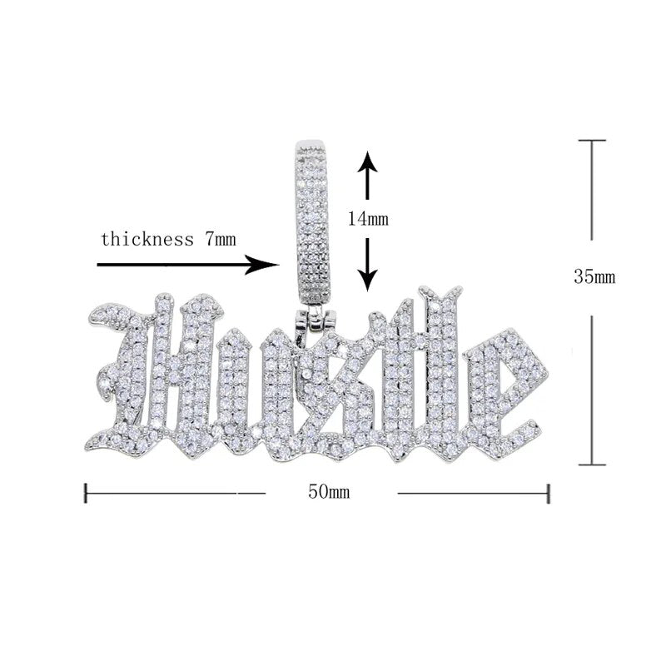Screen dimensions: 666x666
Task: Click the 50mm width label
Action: click(x=329, y=492)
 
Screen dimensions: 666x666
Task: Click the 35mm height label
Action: click(x=594, y=277)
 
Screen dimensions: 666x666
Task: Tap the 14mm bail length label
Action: click(x=368, y=219)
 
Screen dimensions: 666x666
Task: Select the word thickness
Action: click(x=147, y=239)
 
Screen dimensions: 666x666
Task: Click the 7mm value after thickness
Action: click(x=221, y=239)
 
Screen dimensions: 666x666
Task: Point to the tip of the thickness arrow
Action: click(x=279, y=265)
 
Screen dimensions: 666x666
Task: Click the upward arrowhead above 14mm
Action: click(x=368, y=161)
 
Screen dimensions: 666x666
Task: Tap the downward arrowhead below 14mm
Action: click(x=368, y=281)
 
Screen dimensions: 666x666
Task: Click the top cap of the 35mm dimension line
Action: click(x=592, y=140)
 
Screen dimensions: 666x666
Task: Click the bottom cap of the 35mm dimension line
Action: click(x=592, y=465)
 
